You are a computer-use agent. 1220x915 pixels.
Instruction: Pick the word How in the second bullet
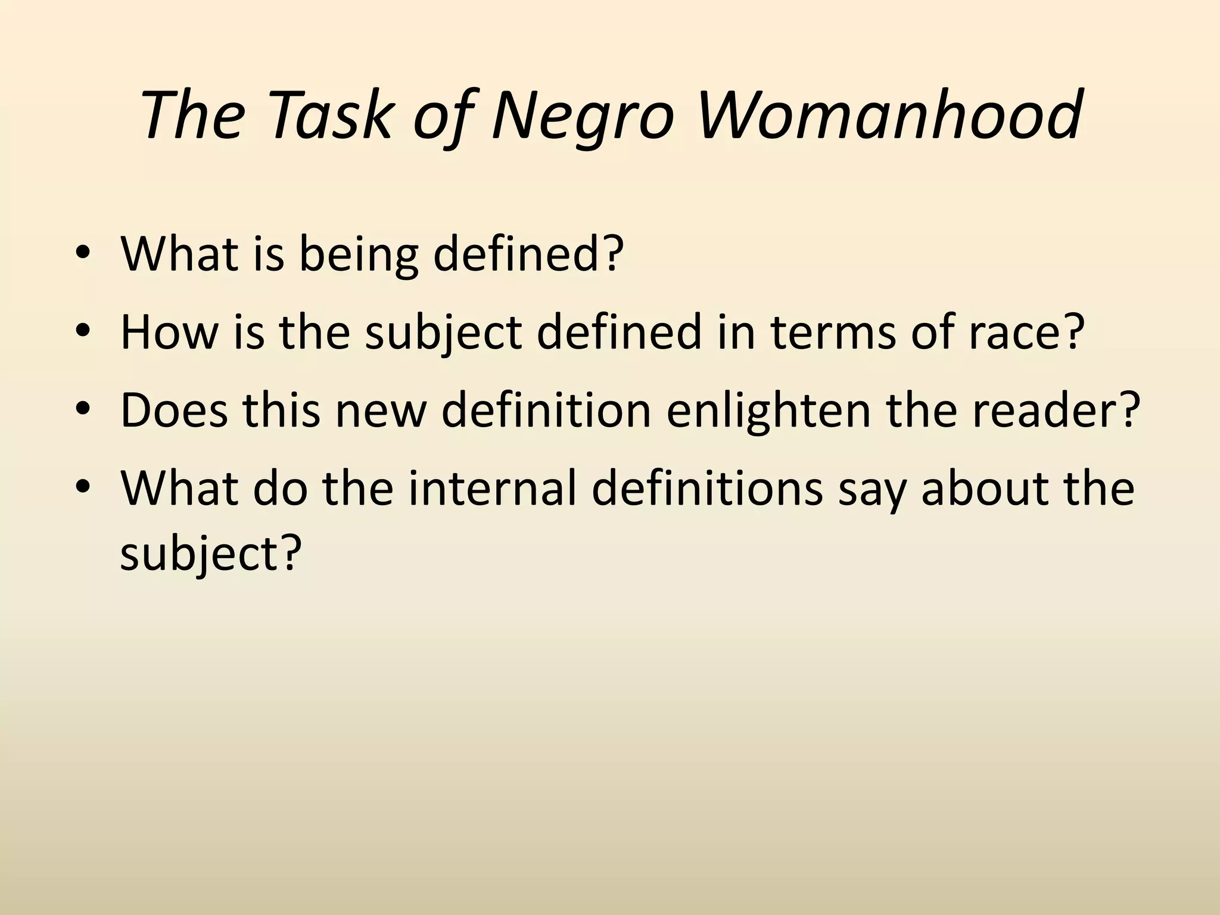coord(169,332)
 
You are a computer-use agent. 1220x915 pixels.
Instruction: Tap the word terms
coord(833,332)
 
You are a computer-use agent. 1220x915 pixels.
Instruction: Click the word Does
coord(174,410)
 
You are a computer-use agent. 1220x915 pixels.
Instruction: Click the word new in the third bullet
coord(381,410)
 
